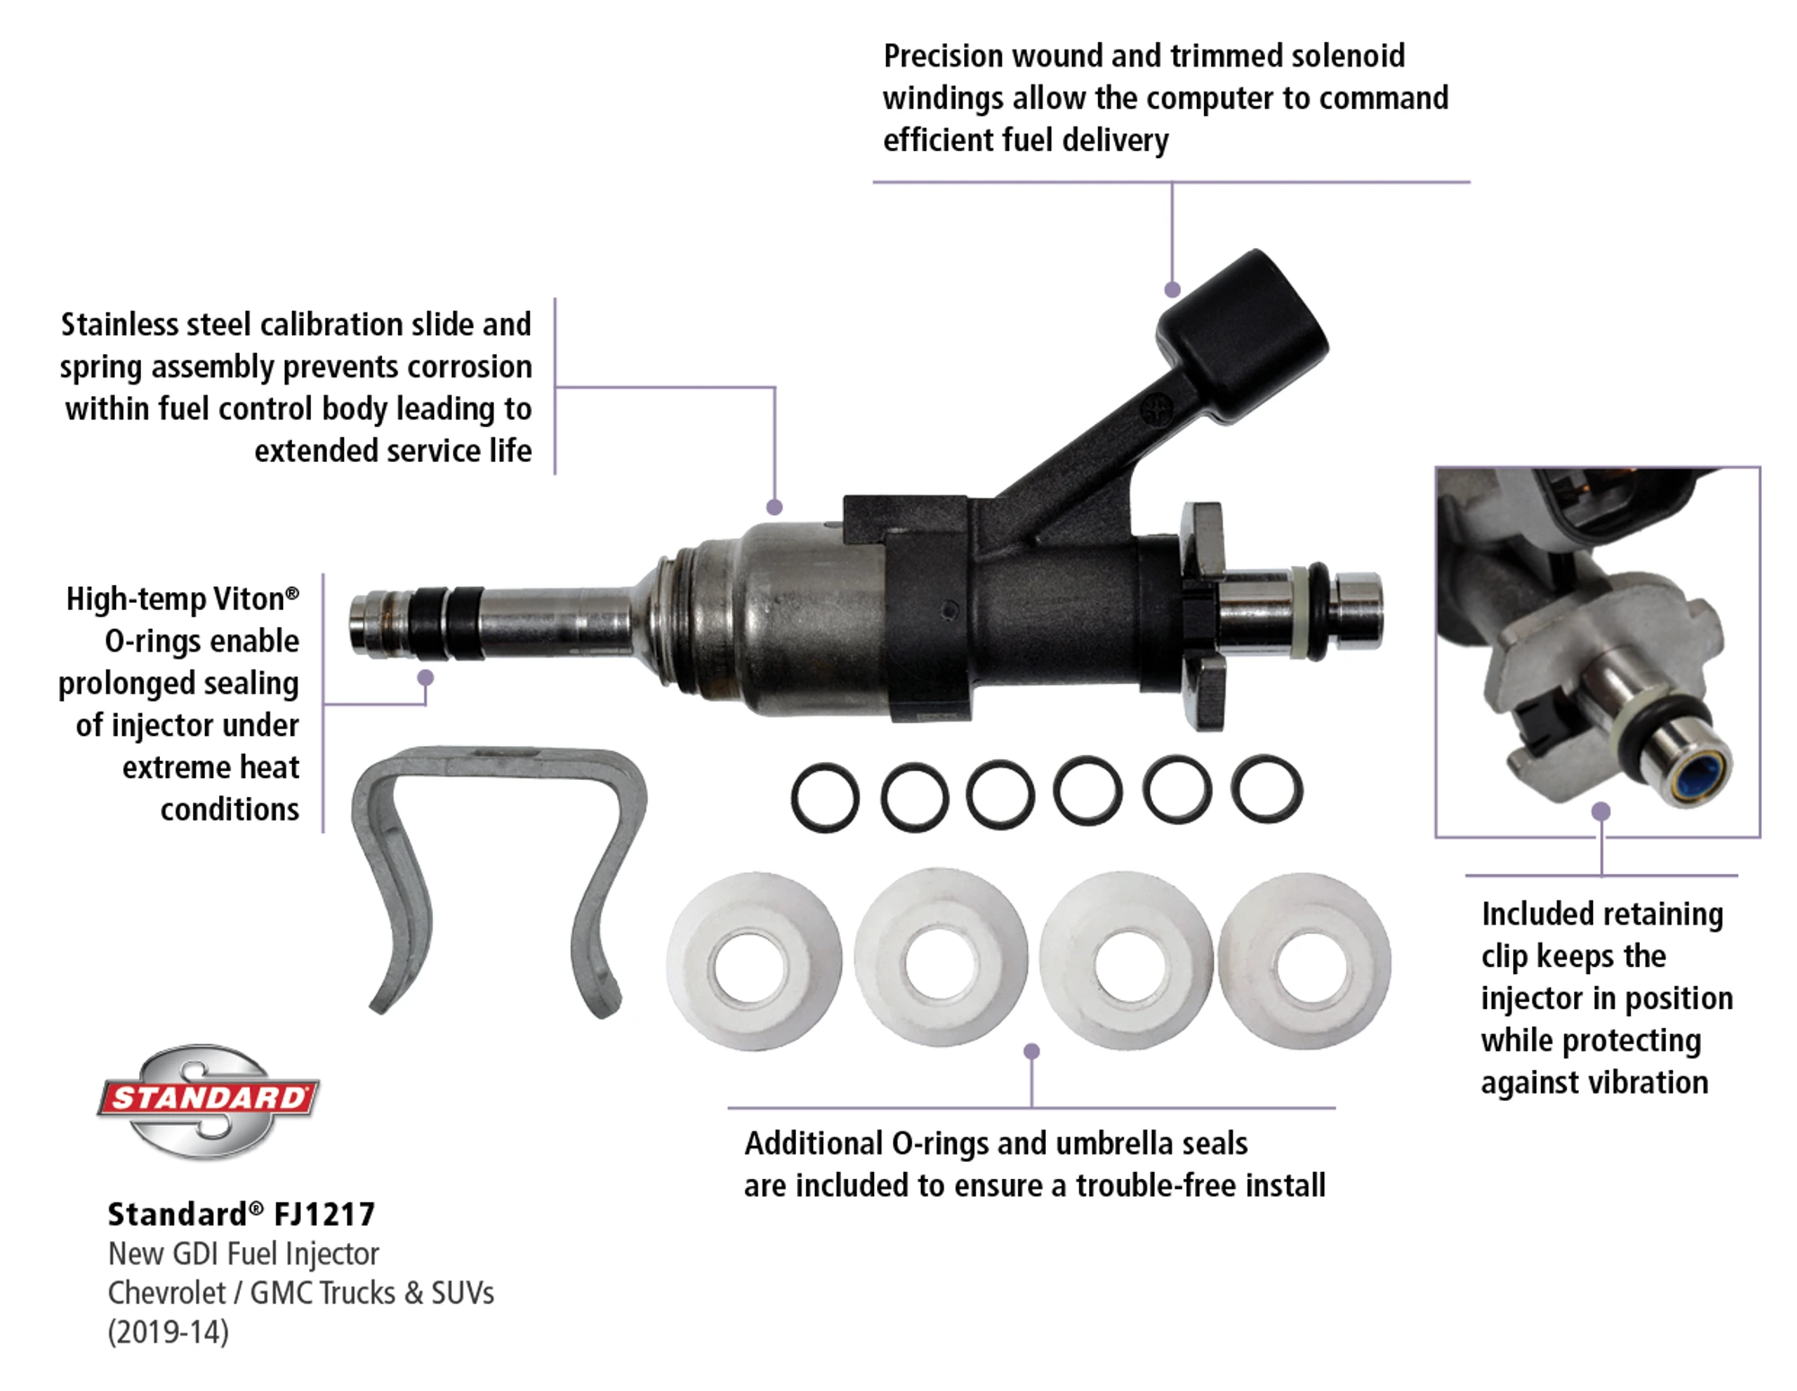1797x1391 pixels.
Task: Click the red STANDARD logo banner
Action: [x=208, y=1098]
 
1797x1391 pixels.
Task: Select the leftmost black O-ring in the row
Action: [x=825, y=796]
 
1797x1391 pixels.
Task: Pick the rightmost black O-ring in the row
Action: [x=1266, y=790]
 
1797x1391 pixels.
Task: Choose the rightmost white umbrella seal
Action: [x=1305, y=961]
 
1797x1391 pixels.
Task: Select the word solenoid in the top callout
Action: [x=1347, y=56]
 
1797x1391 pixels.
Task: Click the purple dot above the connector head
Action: [x=1172, y=289]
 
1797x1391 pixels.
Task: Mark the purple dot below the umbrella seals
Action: [x=1031, y=1050]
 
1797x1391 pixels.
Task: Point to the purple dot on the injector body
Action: [x=775, y=507]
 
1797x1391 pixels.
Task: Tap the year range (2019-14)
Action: [x=168, y=1332]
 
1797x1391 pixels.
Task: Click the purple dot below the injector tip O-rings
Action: [x=426, y=678]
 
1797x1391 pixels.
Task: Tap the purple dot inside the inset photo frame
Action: [x=1600, y=811]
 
